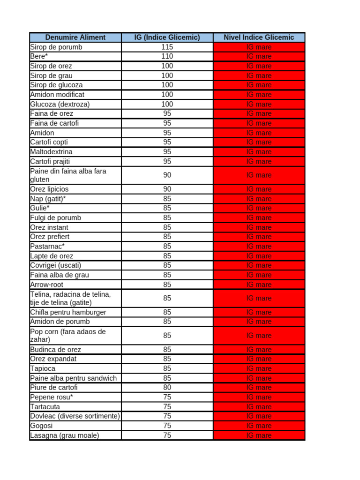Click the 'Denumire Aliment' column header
[75, 37]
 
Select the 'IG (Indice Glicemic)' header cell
[167, 37]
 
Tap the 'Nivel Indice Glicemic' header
[259, 37]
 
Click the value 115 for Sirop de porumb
[167, 47]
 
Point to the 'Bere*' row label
[39, 56]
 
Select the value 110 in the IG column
[167, 56]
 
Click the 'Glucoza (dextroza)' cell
[60, 104]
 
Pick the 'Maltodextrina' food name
[51, 152]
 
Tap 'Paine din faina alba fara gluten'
[68, 175]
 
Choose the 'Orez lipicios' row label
[49, 189]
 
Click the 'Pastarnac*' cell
[47, 246]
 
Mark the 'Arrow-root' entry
[46, 285]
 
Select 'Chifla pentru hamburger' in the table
[68, 312]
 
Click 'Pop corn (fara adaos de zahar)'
[67, 336]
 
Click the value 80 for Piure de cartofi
[167, 388]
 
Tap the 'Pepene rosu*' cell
[51, 397]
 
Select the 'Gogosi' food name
[41, 426]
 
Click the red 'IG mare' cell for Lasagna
[259, 435]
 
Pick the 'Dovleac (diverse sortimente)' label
[75, 416]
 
